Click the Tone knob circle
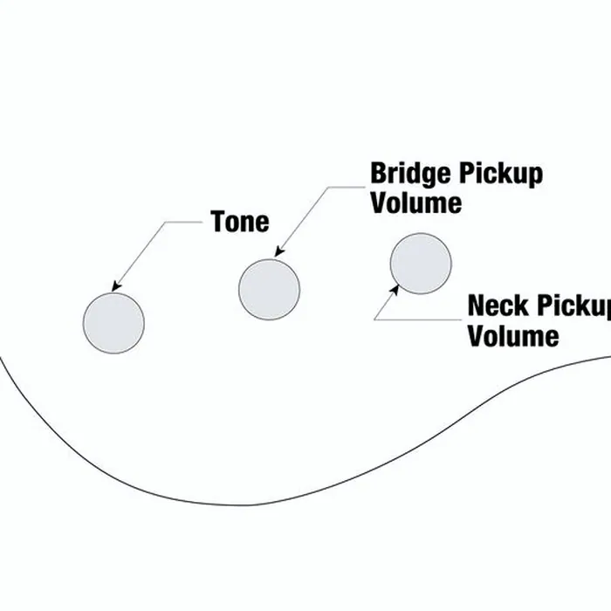pos(113,323)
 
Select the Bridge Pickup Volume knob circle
pos(269,290)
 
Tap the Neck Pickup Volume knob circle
pos(421,264)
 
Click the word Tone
pos(240,222)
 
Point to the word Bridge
pos(411,174)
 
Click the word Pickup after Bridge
pos(501,174)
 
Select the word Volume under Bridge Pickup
pos(416,203)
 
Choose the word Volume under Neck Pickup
pos(513,335)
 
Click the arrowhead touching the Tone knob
pos(116,286)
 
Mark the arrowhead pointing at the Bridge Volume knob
pos(279,251)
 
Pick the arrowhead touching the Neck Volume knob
pos(395,290)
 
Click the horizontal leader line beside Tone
pos(184,222)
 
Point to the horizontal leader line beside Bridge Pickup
pos(346,187)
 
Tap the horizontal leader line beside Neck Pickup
pos(418,320)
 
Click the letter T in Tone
pos(218,222)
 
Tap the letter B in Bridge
pos(378,174)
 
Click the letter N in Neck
pos(477,305)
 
